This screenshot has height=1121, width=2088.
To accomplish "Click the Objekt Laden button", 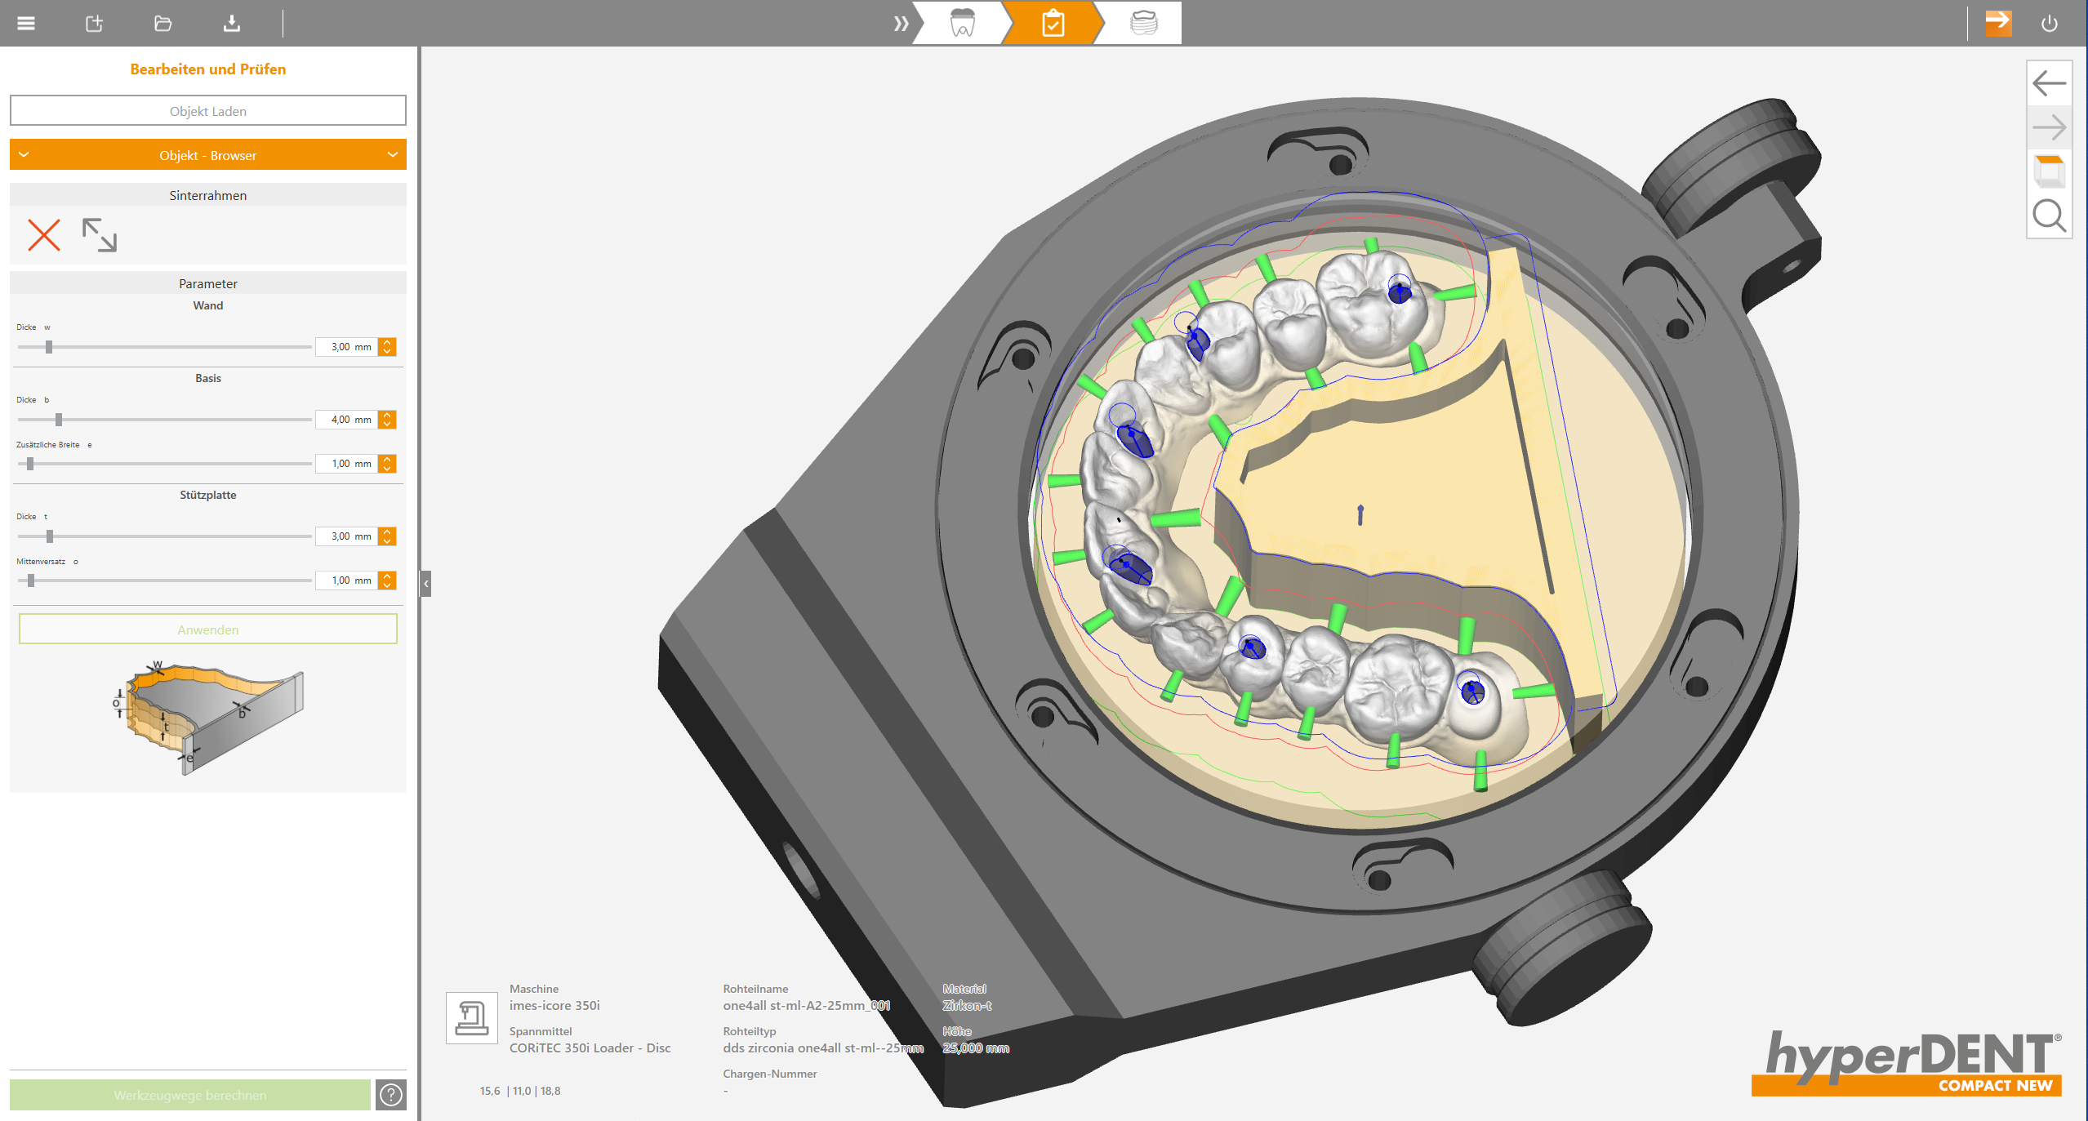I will point(207,111).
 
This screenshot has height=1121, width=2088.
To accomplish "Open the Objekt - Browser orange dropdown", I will point(207,155).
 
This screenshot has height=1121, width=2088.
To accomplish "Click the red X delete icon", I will point(44,235).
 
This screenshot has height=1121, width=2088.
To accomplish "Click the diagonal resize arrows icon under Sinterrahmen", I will point(100,235).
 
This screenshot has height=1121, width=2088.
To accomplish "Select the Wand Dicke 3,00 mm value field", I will point(346,347).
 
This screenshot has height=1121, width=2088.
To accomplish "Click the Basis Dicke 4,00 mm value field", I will point(346,420).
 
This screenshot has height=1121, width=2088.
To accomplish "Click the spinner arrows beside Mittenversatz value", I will point(388,581).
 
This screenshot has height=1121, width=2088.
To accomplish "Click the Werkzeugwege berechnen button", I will point(189,1095).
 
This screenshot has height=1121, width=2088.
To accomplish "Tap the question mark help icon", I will point(391,1095).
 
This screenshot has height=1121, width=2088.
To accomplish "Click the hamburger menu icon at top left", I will point(26,23).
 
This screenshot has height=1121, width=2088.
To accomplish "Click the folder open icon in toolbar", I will point(162,23).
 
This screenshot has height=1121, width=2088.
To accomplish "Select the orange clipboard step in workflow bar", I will point(1053,23).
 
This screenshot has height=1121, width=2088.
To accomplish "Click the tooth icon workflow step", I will point(963,23).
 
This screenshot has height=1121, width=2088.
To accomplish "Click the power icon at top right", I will point(2049,23).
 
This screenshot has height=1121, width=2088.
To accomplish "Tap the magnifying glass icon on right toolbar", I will point(2049,216).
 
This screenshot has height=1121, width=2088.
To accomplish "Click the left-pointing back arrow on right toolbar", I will point(2049,82).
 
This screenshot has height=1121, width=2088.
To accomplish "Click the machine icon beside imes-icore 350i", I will point(471,1017).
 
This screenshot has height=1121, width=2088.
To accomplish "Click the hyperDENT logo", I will point(1908,1062).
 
